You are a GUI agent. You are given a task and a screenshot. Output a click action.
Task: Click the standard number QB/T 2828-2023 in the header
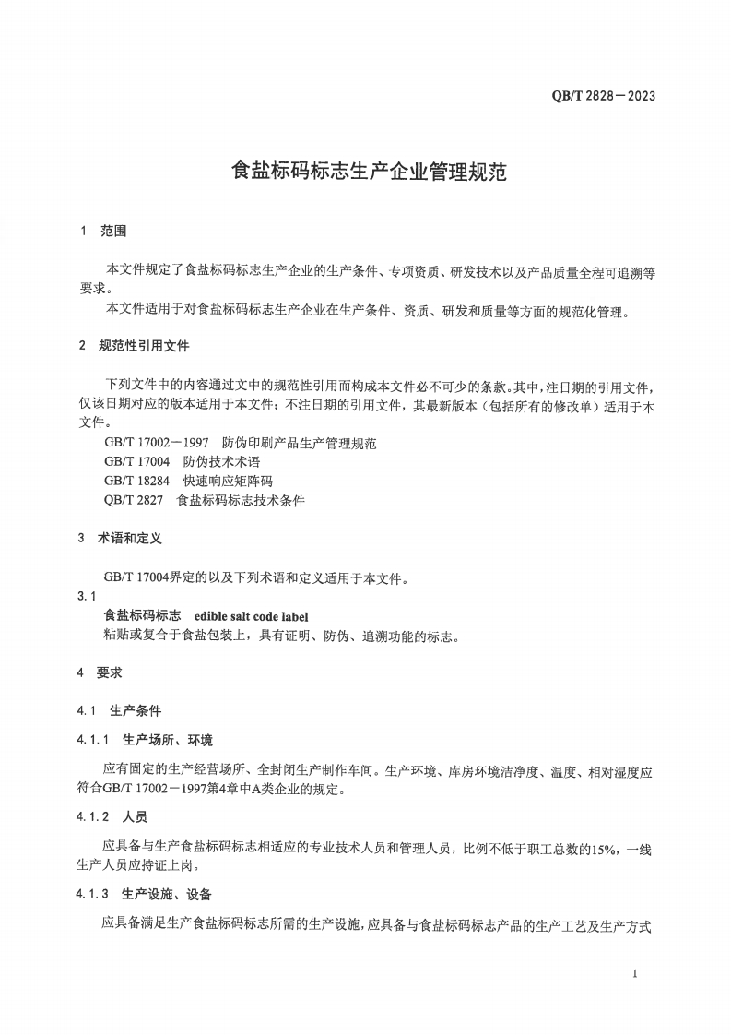604,96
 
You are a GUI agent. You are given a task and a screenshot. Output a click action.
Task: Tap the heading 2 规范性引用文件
134,346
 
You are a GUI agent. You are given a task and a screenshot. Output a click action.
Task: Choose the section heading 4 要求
100,673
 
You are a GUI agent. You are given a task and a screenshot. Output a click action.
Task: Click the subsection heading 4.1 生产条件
119,711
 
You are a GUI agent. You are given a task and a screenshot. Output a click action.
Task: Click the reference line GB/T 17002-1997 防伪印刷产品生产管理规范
240,443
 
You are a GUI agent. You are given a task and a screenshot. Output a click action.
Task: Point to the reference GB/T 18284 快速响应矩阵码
188,482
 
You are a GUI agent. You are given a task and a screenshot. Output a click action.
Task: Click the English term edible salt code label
252,616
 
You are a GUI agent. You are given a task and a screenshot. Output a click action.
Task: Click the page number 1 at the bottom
636,974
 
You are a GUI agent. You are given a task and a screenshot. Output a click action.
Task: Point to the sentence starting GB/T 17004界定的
253,578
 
